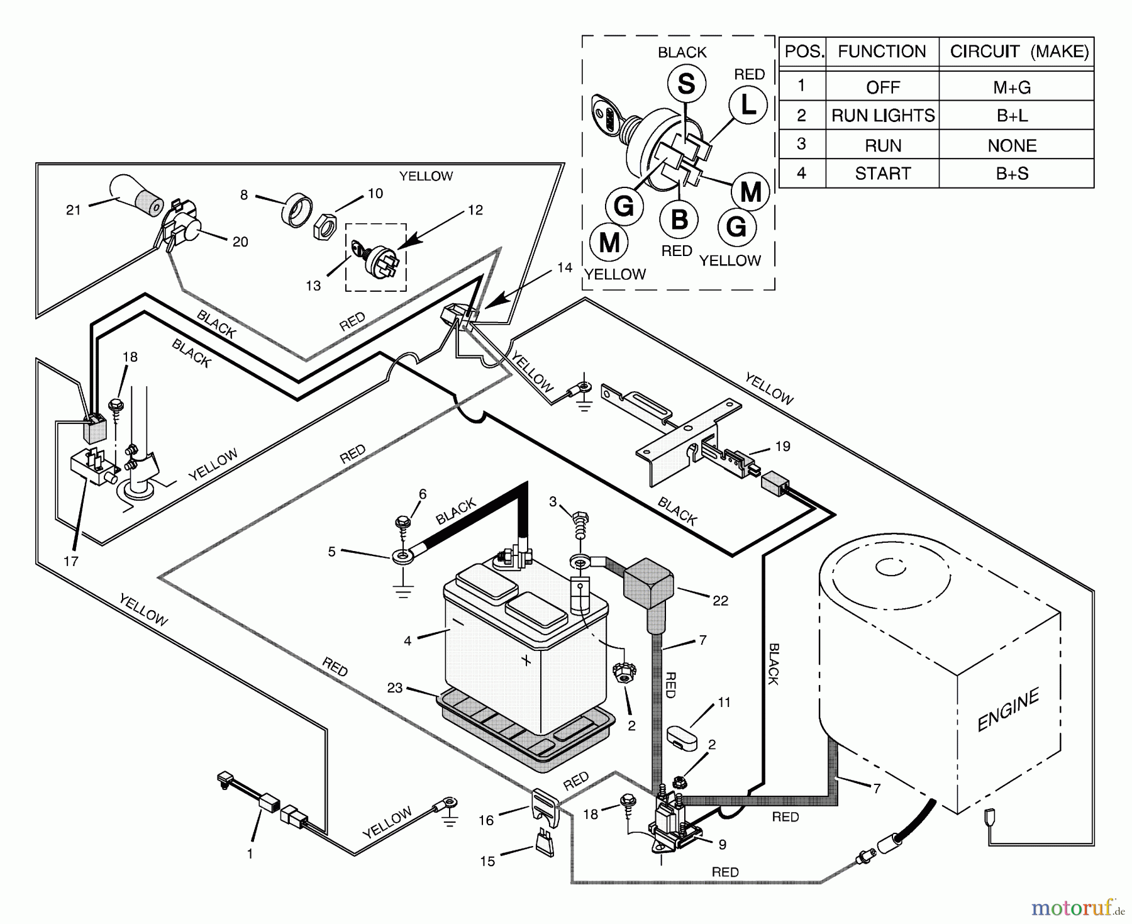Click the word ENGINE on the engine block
click(1008, 710)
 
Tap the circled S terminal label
click(686, 84)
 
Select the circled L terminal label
click(748, 105)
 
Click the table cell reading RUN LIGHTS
click(882, 116)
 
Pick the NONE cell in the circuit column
click(1011, 145)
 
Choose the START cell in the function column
click(882, 174)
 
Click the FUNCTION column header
click(882, 52)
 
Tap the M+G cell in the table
click(1011, 87)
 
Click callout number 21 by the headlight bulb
click(74, 209)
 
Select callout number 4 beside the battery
click(408, 640)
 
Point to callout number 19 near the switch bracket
click(782, 446)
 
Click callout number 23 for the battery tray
click(394, 687)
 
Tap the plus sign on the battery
click(526, 660)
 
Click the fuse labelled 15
click(544, 843)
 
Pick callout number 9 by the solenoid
click(722, 845)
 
